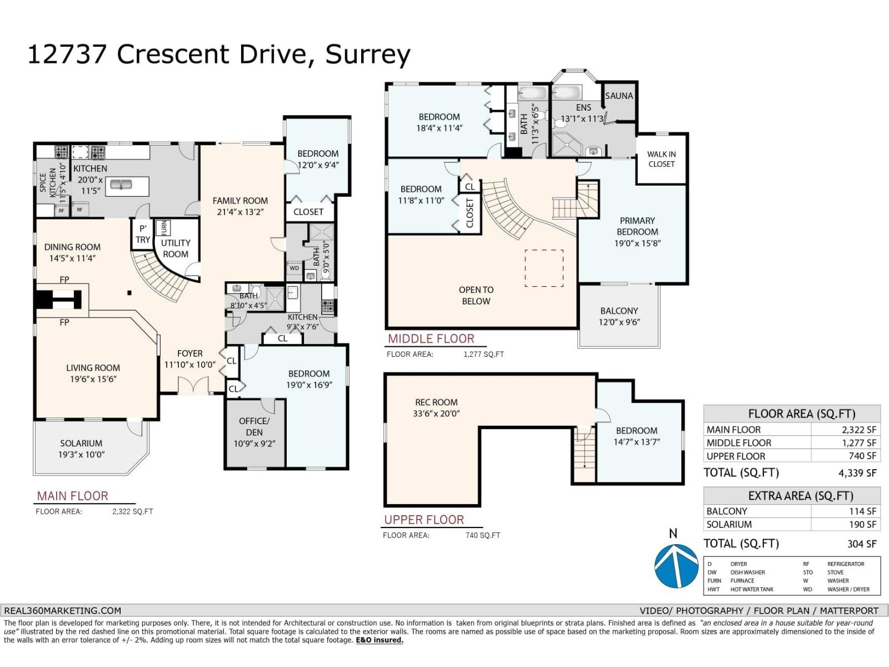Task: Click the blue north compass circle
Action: click(676, 566)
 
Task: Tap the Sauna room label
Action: click(619, 96)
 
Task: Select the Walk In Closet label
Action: click(661, 159)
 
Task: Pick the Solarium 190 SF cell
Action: click(862, 524)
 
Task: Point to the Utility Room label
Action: click(176, 248)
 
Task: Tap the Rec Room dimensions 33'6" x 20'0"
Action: click(436, 414)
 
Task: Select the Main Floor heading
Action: click(73, 496)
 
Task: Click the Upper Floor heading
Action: click(424, 520)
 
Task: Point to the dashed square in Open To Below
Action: click(544, 268)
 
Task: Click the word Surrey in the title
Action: click(368, 54)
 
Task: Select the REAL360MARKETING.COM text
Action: click(62, 610)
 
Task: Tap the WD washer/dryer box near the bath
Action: click(294, 268)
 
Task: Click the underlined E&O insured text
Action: click(379, 640)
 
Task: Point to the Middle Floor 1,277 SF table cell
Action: click(862, 443)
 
